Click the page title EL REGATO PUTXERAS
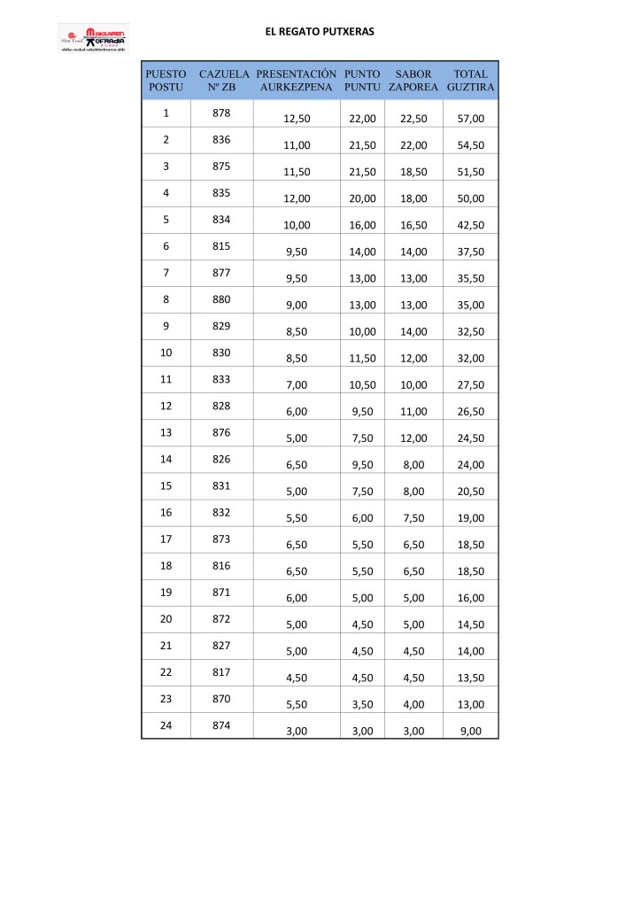click(x=320, y=31)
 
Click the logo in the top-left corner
click(x=93, y=40)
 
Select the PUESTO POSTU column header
click(x=166, y=81)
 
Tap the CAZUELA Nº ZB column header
click(x=222, y=81)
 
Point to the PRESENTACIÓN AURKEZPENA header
click(x=297, y=81)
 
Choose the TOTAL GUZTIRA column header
click(x=470, y=81)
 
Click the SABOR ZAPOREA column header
click(x=413, y=81)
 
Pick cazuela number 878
click(x=222, y=113)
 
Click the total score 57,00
click(x=471, y=119)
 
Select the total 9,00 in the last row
click(x=471, y=731)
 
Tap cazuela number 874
click(x=222, y=725)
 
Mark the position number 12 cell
click(x=166, y=406)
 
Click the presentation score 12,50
click(x=296, y=119)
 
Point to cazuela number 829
click(x=222, y=326)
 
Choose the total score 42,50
click(x=471, y=225)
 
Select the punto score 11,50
click(x=363, y=358)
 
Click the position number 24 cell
click(x=166, y=725)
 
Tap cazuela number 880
click(x=222, y=299)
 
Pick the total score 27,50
click(x=471, y=384)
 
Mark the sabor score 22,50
click(x=414, y=119)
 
